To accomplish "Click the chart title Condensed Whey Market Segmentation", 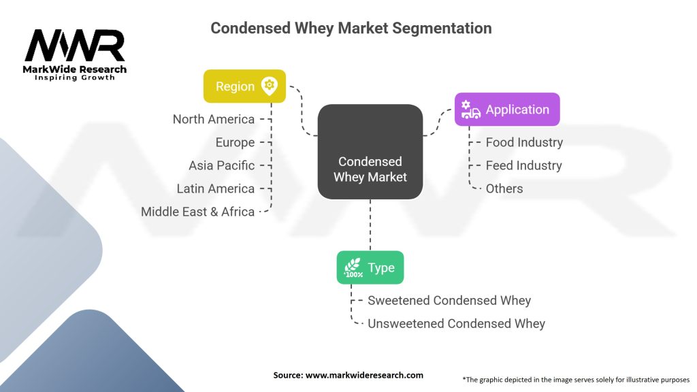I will point(351,29).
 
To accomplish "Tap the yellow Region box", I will point(244,86).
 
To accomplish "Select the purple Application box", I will point(507,110).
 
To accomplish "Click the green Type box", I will point(370,267).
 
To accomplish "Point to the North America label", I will point(213,119).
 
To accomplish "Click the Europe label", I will point(235,142).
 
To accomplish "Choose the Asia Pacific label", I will point(221,165).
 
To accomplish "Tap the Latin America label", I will point(215,189).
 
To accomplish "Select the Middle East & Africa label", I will point(197,212).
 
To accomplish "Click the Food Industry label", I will point(524,142).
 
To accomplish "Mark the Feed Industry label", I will point(523,165).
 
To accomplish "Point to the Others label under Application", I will point(504,189).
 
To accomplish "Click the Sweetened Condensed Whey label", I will point(449,300).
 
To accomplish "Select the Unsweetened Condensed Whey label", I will point(456,323).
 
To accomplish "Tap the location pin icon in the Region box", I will point(270,86).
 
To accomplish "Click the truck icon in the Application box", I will point(470,110).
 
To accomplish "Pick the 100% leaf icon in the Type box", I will point(353,267).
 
